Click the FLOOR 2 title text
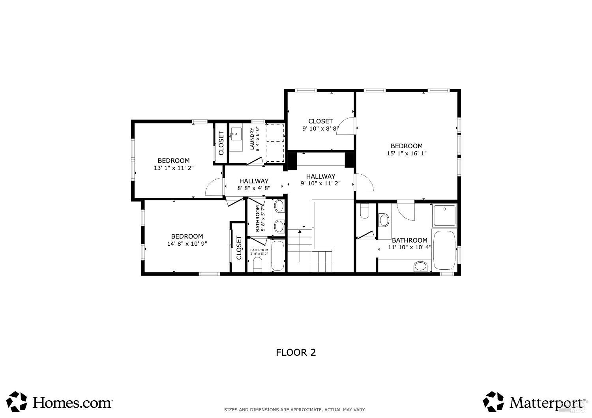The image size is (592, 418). (x=296, y=353)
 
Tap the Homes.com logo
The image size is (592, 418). (x=60, y=402)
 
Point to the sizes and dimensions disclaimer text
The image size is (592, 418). (x=295, y=410)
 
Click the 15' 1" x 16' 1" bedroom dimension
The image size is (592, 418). (x=407, y=153)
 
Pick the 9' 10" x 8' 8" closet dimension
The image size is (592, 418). (x=320, y=128)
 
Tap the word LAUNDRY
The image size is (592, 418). (x=252, y=139)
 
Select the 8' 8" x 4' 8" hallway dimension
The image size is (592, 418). (x=253, y=188)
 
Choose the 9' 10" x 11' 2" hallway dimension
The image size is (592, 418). (x=320, y=183)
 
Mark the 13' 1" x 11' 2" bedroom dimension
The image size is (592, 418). (x=174, y=168)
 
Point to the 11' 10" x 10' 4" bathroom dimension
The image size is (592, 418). (x=409, y=247)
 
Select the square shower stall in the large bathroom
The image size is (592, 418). (x=444, y=215)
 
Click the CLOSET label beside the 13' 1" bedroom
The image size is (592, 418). (x=221, y=143)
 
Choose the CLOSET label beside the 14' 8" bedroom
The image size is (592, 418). (x=239, y=248)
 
